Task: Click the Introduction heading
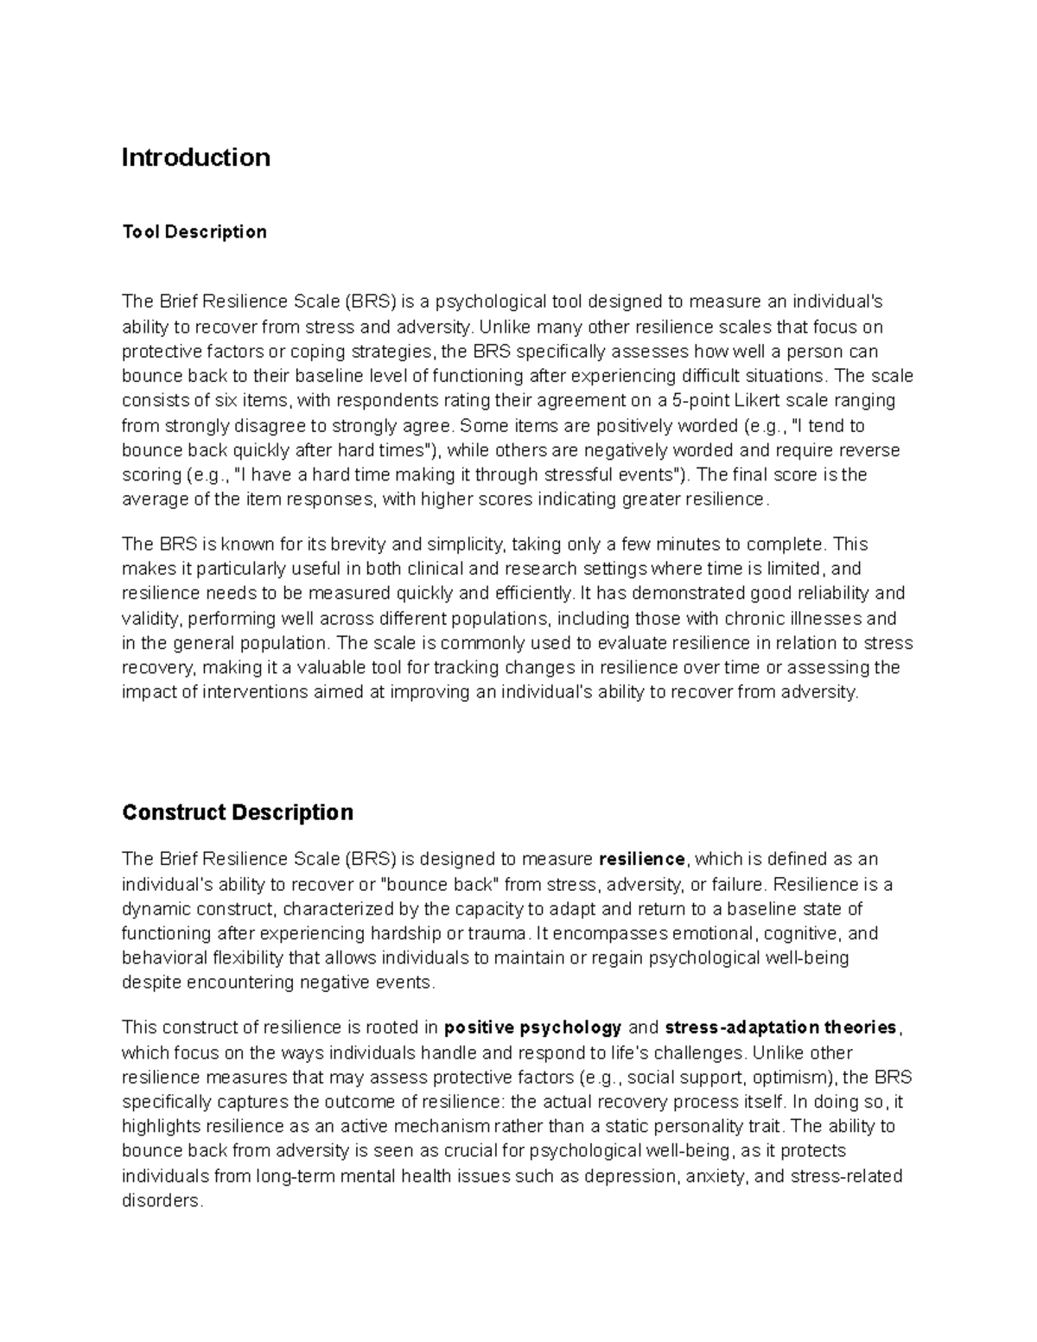coord(195,157)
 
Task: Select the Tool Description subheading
coord(194,232)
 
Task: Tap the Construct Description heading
coord(238,812)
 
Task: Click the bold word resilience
coord(641,859)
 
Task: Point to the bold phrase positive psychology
coord(532,1027)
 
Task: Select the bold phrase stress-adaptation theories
coord(781,1027)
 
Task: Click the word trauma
coord(498,933)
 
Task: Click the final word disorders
coord(161,1201)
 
